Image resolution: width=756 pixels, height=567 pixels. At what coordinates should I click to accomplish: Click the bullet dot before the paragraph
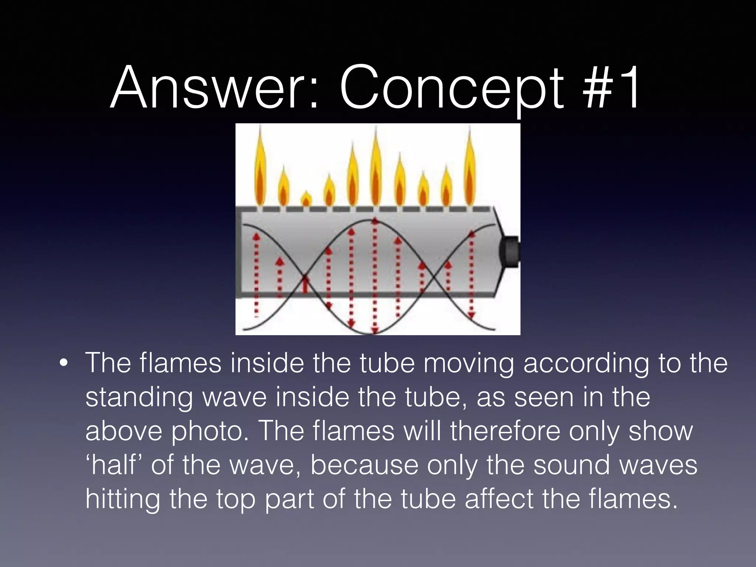click(x=63, y=363)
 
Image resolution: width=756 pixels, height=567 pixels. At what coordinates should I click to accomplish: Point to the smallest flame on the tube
click(x=306, y=199)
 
